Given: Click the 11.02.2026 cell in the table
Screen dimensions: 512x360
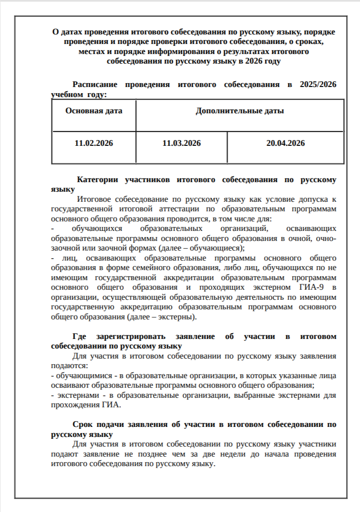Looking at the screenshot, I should pyautogui.click(x=94, y=143).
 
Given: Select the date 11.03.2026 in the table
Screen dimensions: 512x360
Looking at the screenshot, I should pyautogui.click(x=181, y=143).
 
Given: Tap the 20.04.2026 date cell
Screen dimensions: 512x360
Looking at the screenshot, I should pyautogui.click(x=285, y=143).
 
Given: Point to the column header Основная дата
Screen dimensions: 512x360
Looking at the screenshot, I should pyautogui.click(x=94, y=111).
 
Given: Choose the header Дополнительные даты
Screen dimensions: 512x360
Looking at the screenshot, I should pyautogui.click(x=240, y=111).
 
